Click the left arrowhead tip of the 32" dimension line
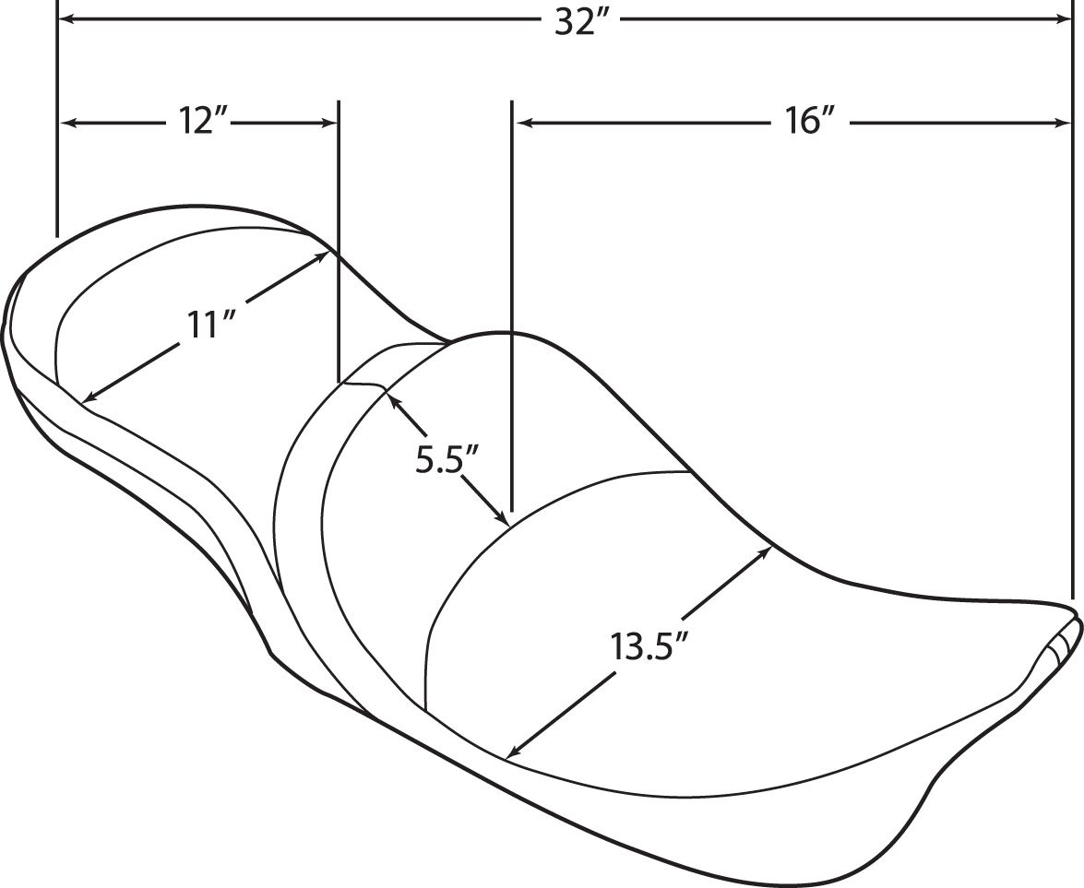tap(59, 20)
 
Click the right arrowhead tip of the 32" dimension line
tap(1071, 20)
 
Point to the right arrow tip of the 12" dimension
tap(337, 123)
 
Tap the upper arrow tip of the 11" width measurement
tap(328, 253)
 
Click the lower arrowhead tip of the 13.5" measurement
tap(507, 757)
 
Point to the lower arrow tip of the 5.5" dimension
tap(508, 523)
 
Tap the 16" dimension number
tap(807, 122)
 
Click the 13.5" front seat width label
tap(648, 646)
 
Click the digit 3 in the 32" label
tap(565, 23)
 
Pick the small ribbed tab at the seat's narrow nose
tap(1060, 644)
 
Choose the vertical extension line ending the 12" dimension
tap(338, 242)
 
